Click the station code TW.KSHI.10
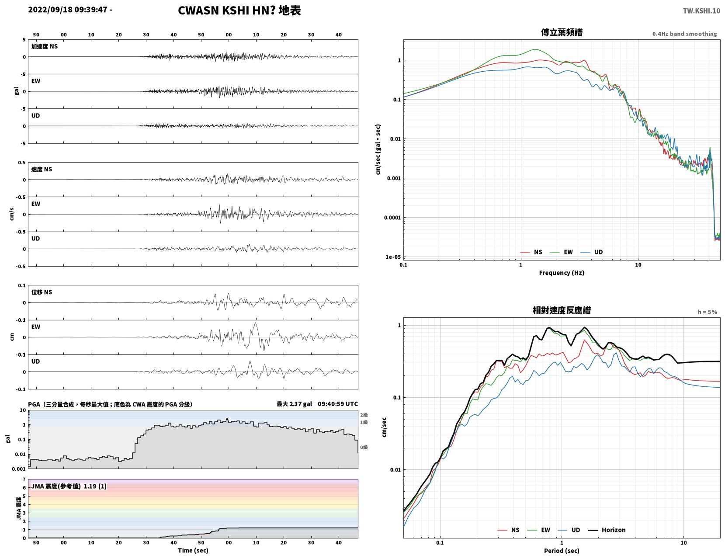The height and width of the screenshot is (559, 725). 701,10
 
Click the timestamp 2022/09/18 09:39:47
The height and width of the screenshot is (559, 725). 67,10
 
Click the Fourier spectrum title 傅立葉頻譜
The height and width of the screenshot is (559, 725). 562,32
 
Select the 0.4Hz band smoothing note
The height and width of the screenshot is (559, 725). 685,34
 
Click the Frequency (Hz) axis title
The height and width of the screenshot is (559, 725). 562,272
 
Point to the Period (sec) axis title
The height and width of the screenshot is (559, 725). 562,550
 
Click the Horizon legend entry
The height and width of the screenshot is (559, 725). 607,530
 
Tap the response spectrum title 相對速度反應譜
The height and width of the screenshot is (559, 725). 562,310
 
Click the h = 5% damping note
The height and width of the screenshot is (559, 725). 708,312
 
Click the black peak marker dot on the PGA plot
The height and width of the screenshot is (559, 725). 227,419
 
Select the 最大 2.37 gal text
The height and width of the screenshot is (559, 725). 294,404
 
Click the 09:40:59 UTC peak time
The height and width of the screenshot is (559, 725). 338,404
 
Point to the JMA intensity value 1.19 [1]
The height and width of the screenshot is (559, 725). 95,486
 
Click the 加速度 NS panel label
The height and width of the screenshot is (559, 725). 45,46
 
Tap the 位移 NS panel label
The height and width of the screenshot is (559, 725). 42,292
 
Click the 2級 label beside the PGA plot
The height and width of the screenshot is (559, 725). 364,415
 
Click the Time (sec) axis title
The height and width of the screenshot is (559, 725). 193,550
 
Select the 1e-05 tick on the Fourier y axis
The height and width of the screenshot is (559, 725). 393,257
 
